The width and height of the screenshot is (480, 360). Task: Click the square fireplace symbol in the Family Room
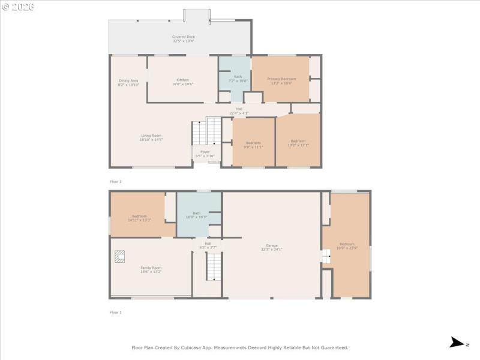point(119,257)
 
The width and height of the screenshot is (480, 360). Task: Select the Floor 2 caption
point(116,181)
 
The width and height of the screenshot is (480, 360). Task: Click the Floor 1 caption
point(116,313)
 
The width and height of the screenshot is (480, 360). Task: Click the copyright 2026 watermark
point(18,7)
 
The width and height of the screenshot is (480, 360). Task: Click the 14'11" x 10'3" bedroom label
point(139,218)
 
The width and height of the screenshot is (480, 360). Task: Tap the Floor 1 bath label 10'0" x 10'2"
point(196,215)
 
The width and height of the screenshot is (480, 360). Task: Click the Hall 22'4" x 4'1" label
point(239,110)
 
